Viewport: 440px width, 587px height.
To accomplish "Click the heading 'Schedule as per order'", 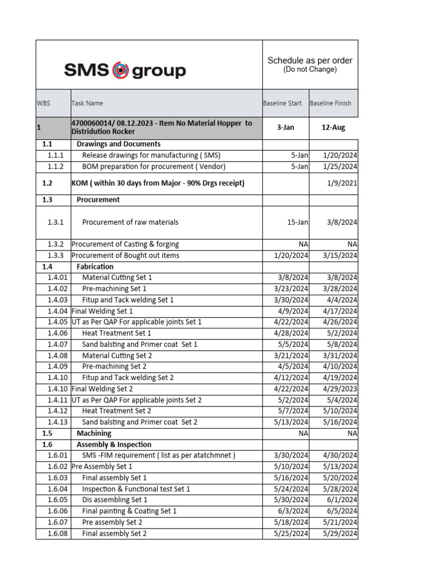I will (310, 60).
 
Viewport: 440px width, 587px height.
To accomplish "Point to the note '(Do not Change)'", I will (310, 69).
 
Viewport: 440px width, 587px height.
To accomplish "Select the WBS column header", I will (44, 103).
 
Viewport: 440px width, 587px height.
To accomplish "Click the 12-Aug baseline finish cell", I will (333, 127).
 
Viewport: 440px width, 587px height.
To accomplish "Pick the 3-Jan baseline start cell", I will (286, 127).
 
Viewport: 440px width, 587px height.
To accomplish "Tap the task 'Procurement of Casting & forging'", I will (125, 244).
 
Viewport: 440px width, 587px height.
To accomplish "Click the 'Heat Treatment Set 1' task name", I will (117, 333).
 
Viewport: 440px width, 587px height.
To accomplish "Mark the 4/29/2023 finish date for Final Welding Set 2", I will (340, 389).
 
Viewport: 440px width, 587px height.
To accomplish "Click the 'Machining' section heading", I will (94, 433).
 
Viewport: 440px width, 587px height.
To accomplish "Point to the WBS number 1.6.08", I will (58, 534).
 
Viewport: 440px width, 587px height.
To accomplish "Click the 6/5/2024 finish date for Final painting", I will (342, 511).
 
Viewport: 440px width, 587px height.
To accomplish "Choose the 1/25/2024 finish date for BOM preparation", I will (340, 166).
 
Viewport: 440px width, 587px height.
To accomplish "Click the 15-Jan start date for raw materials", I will (297, 222).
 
